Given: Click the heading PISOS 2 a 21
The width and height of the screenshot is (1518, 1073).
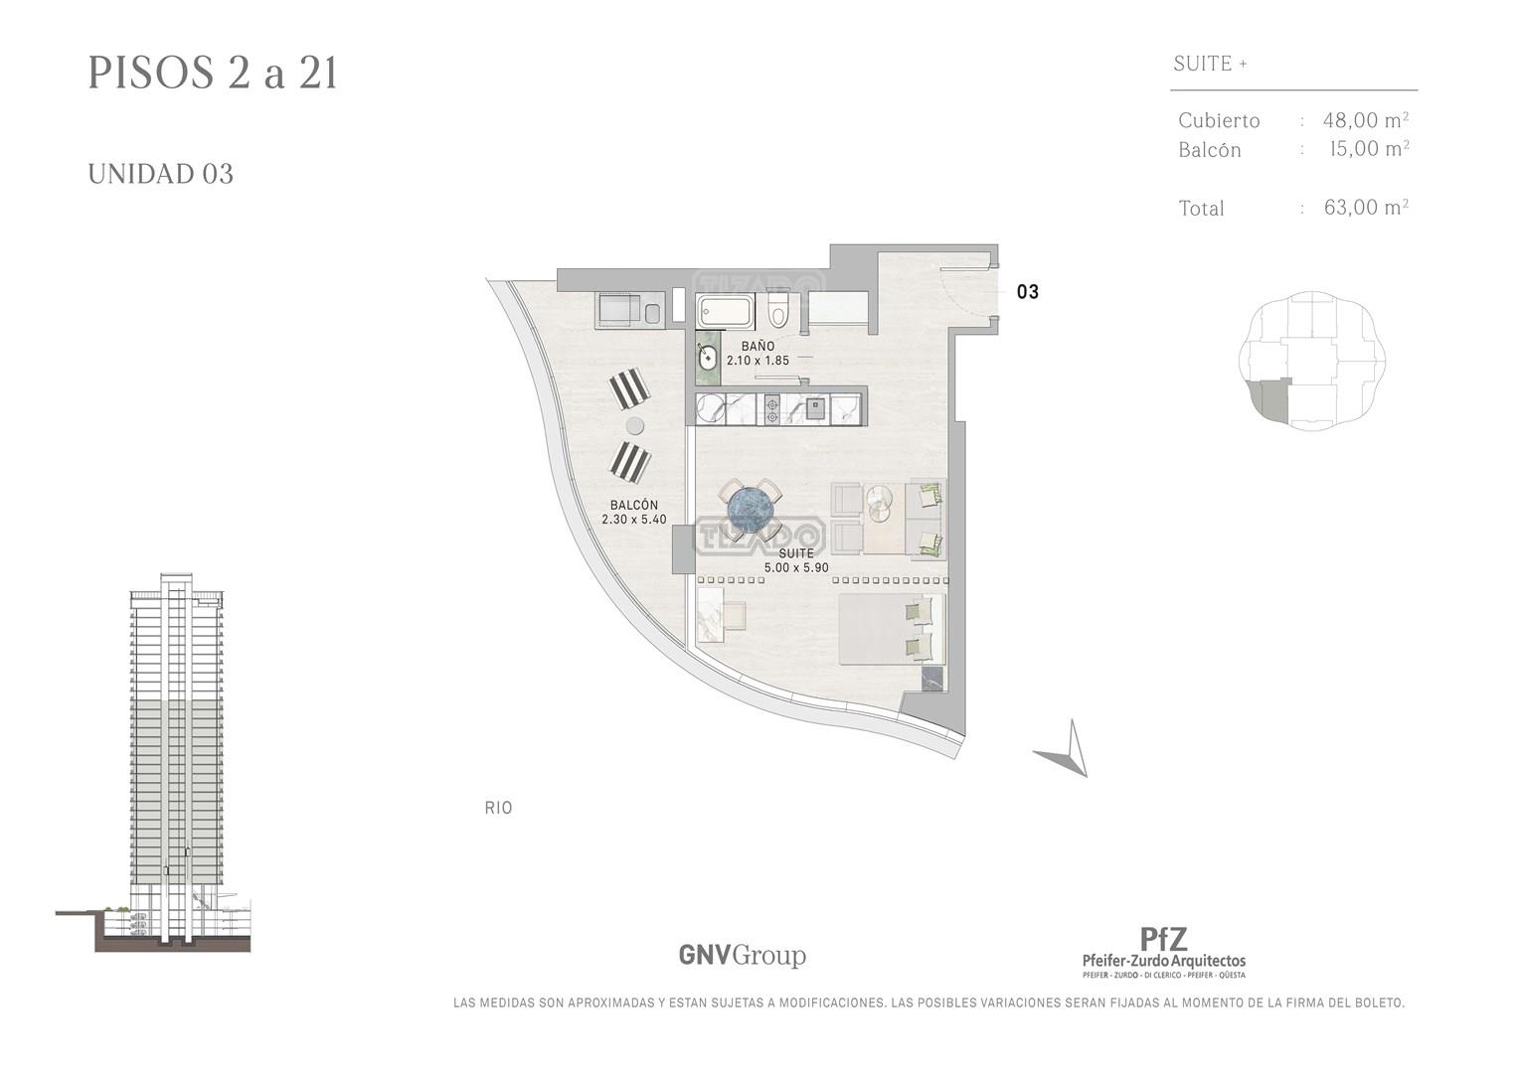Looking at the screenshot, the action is [x=213, y=74].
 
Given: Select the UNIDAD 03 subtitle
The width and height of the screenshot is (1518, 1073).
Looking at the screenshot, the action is [x=161, y=174].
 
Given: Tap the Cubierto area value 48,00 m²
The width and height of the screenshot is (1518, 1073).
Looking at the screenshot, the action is [x=1366, y=120].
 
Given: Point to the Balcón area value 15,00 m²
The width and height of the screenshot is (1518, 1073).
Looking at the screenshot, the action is [x=1369, y=148].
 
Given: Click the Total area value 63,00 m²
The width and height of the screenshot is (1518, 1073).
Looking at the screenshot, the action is [x=1366, y=207].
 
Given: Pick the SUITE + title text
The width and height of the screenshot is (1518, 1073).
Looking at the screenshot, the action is [x=1211, y=64].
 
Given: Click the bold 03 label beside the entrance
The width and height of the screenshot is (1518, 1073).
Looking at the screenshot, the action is [x=1028, y=292].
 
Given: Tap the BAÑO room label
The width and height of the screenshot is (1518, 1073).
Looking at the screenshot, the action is [x=758, y=346].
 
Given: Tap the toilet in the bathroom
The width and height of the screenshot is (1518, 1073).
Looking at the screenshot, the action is [x=778, y=312].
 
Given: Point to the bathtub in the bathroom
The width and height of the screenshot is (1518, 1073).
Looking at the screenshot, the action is [x=725, y=312].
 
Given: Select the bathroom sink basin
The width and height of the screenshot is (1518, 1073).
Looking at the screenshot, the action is [x=707, y=357].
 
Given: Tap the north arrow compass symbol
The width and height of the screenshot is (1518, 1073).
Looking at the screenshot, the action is [x=1066, y=749].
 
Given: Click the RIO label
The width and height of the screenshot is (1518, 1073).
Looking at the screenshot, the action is [x=498, y=808].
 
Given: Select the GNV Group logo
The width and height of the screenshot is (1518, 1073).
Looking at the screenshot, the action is [x=742, y=955].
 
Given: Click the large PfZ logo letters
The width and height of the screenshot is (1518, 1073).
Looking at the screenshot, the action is [x=1163, y=939].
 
